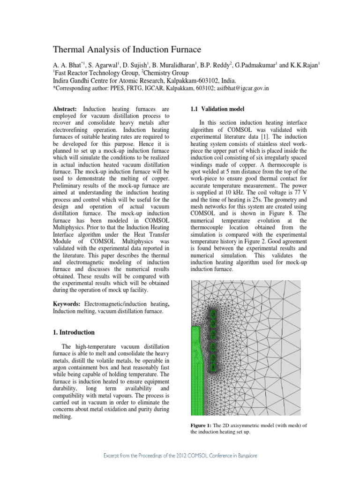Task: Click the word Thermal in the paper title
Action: tap(69, 49)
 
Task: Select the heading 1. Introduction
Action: tap(74, 332)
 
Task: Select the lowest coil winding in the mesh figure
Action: tap(213, 368)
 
